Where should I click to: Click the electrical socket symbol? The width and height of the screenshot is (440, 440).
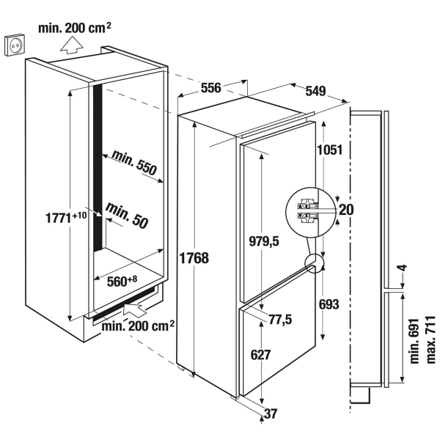[x=15, y=44]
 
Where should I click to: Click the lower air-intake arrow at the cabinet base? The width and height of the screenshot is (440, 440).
[x=135, y=309]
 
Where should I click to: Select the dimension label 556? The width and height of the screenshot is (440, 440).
[x=210, y=88]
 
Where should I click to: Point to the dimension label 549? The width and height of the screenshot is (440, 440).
[x=315, y=91]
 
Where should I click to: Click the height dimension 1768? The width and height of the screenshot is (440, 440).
[x=194, y=258]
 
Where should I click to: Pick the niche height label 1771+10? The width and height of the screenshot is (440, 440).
[x=66, y=218]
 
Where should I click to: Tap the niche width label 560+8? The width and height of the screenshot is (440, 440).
[x=122, y=282]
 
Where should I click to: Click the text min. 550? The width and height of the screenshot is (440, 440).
[x=134, y=163]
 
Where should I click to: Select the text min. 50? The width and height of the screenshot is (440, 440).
[x=127, y=216]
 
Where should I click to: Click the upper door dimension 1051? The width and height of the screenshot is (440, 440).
[x=330, y=150]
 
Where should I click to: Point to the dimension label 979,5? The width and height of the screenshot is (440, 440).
[x=264, y=241]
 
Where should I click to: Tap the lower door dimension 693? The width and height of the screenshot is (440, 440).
[x=329, y=304]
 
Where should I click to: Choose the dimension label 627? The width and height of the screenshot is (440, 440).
[x=260, y=355]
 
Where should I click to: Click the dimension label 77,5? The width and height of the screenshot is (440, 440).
[x=280, y=319]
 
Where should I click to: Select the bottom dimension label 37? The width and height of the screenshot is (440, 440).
[x=271, y=414]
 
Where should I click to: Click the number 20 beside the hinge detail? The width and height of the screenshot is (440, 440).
[x=346, y=209]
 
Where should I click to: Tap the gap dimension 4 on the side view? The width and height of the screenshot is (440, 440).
[x=403, y=268]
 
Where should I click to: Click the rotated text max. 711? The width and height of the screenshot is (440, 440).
[x=430, y=340]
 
